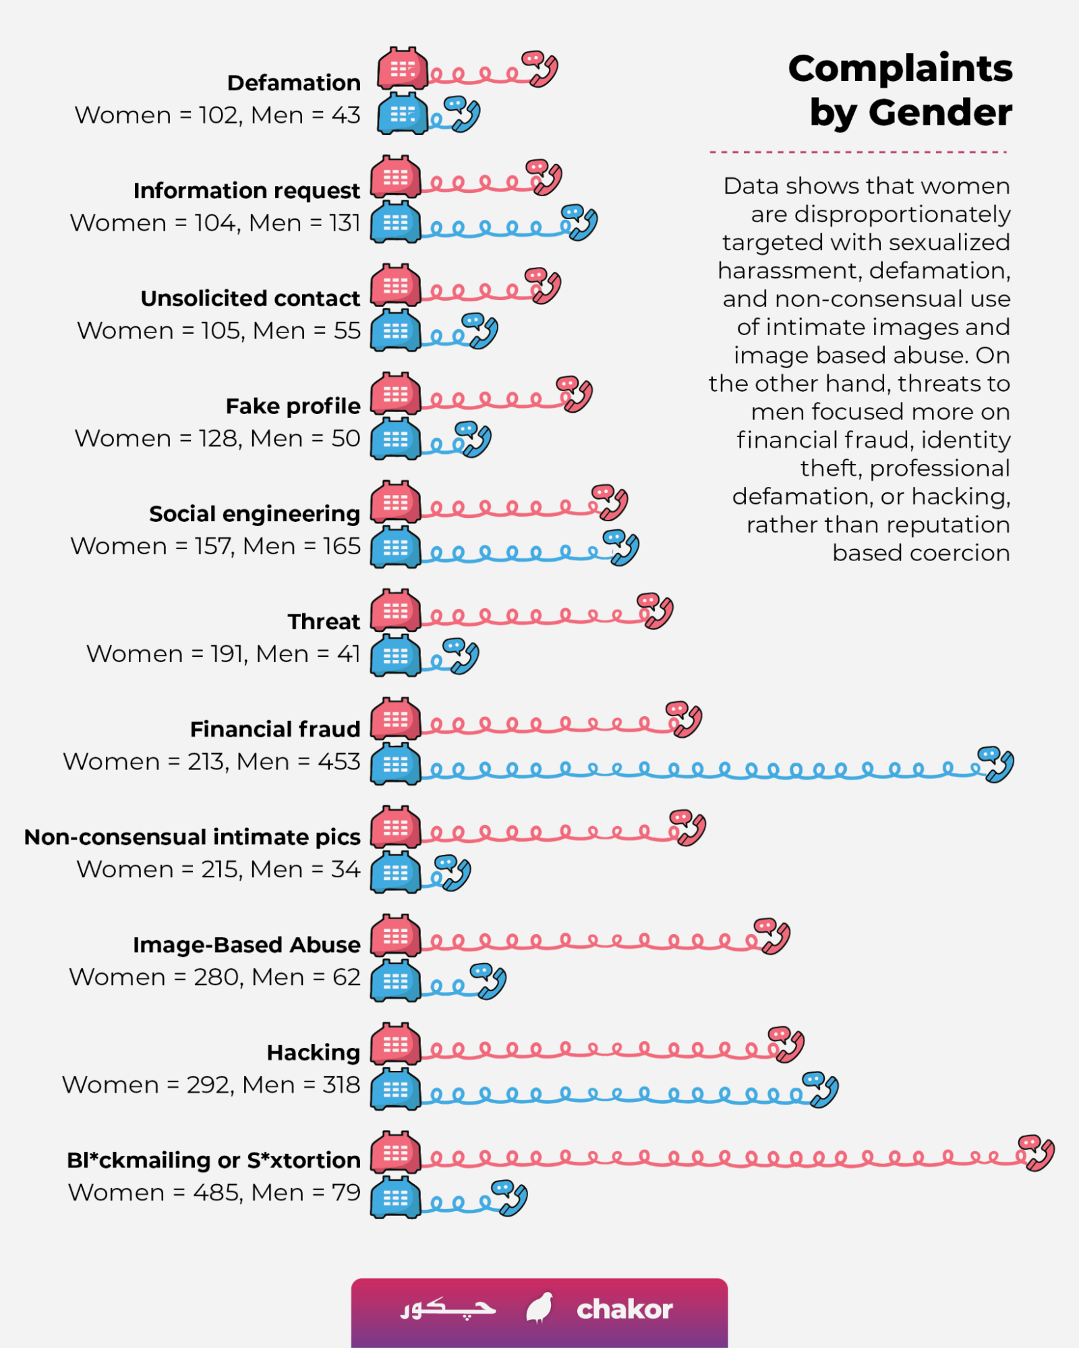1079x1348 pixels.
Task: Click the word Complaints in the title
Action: point(900,69)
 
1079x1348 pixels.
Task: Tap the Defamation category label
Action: point(294,83)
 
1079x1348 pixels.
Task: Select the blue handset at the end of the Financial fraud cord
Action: point(997,765)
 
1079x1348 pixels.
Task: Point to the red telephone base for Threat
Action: point(396,611)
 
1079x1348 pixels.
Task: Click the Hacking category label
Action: point(314,1053)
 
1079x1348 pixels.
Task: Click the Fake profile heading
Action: point(293,407)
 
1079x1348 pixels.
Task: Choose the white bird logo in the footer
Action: point(539,1309)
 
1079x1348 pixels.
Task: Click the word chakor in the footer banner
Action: point(624,1310)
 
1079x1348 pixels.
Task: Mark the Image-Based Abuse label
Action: point(247,945)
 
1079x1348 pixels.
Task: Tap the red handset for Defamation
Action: point(541,69)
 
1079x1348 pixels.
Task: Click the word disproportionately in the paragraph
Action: point(902,214)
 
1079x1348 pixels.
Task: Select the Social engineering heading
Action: point(255,514)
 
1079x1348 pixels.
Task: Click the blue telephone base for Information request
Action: point(396,222)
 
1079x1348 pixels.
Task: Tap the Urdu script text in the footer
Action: point(448,1310)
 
